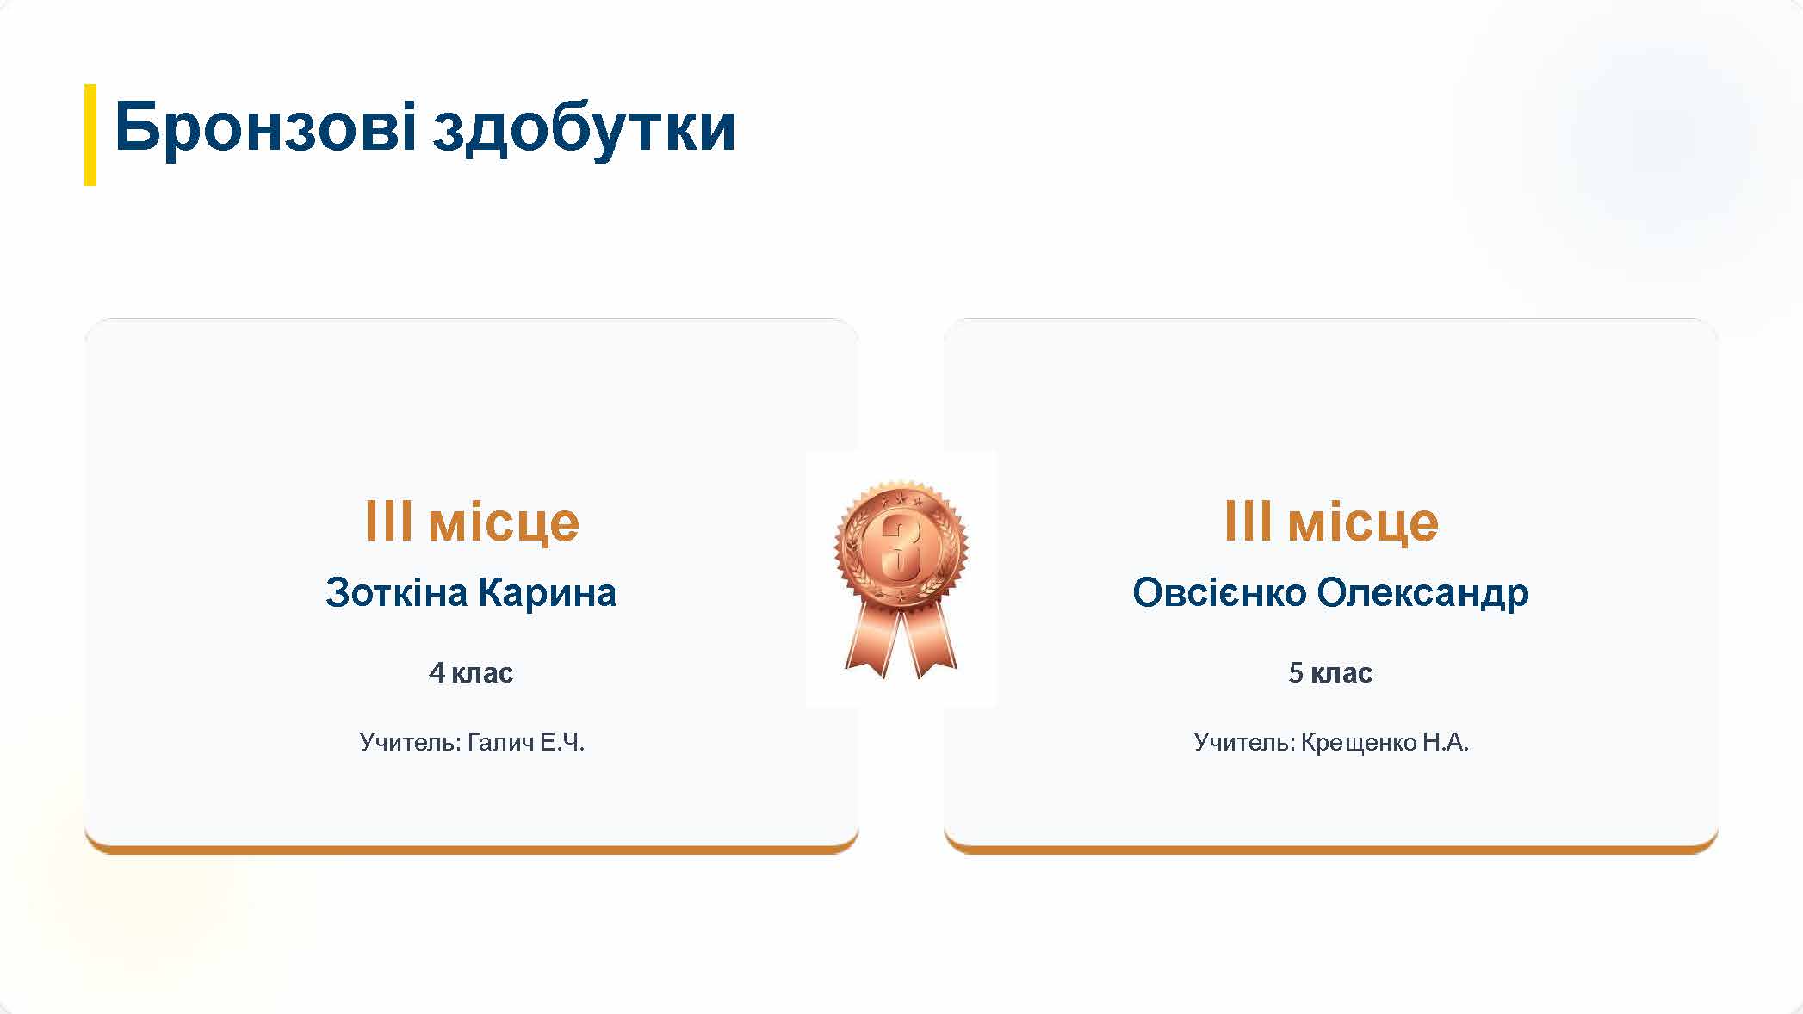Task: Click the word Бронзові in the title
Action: (265, 127)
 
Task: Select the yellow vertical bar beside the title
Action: (90, 134)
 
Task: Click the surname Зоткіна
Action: (397, 592)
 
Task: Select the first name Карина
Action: (548, 594)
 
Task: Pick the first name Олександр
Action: (1422, 594)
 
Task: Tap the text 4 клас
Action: (471, 672)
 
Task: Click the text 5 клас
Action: (1330, 672)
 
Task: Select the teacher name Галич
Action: (501, 742)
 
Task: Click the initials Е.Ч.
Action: (562, 742)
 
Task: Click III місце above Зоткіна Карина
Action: (472, 522)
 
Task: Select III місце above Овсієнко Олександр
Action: (1331, 522)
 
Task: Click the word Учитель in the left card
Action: (411, 742)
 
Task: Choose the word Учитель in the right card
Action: (1244, 742)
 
